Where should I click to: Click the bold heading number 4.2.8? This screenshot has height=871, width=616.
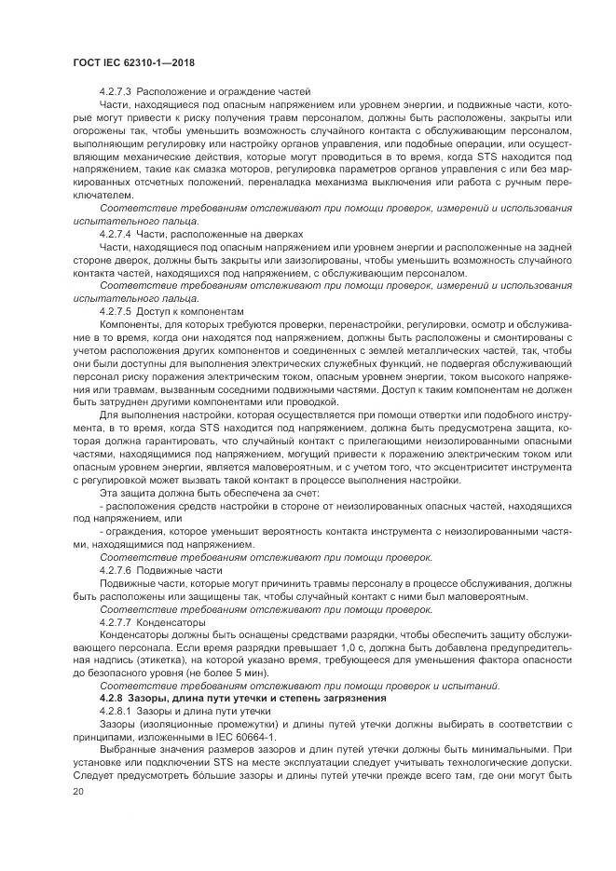111,698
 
